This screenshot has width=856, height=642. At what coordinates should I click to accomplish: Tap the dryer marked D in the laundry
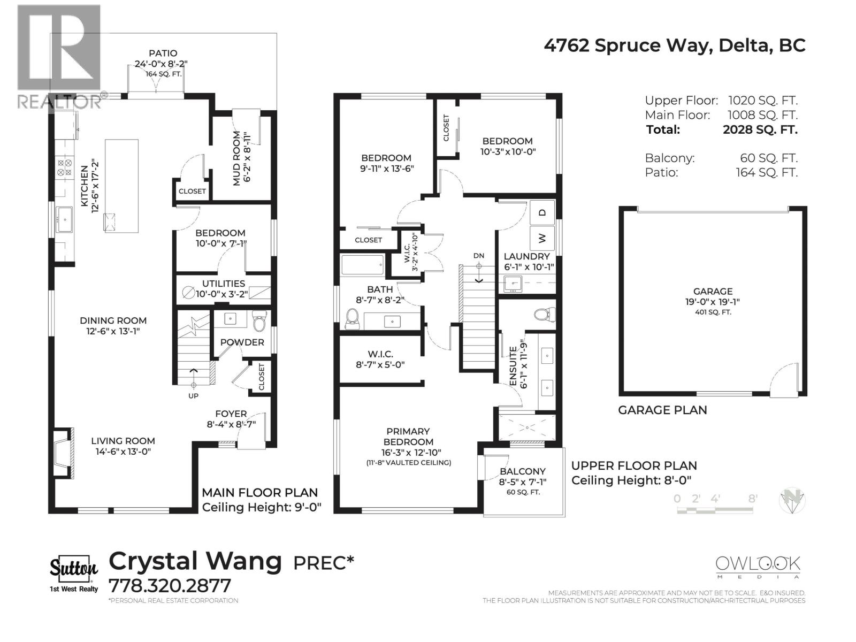click(542, 213)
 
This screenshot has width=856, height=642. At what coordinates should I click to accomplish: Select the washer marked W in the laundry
click(542, 238)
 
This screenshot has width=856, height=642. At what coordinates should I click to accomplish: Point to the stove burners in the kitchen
click(65, 168)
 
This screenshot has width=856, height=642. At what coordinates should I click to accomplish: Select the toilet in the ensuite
click(542, 314)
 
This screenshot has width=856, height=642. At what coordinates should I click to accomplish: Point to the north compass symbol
click(792, 501)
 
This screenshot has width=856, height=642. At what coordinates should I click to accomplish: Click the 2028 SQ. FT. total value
click(760, 129)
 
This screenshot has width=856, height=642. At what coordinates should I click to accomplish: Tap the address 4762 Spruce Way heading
click(674, 45)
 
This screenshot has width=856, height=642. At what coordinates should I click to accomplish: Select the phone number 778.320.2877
click(170, 585)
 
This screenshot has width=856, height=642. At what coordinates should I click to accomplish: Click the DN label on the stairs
click(479, 256)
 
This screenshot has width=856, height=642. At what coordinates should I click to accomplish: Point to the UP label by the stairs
click(193, 396)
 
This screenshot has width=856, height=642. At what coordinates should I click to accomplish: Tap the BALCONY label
click(522, 471)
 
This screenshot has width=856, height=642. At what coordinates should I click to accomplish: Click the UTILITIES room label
click(224, 284)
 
